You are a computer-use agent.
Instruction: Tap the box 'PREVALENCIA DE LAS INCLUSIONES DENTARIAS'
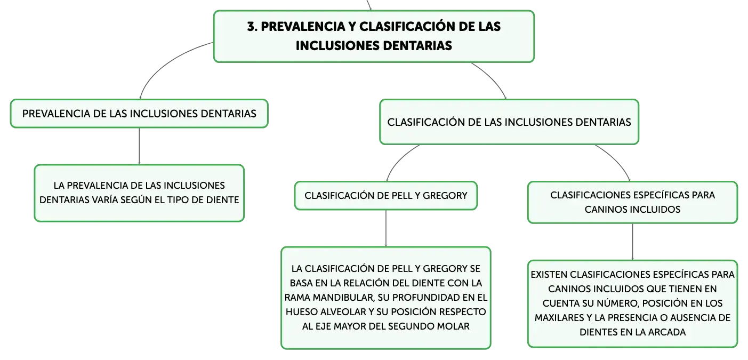coord(139,114)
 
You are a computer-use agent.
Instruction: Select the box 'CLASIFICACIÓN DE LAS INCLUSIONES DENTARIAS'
coord(509,122)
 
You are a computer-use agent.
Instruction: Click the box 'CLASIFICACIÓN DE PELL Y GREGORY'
coord(385,196)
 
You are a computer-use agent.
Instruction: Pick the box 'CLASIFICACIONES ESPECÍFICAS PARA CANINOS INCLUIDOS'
coord(632,202)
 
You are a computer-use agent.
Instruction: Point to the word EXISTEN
coord(549,275)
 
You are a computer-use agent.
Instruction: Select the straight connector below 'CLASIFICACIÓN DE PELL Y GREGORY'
coord(386,228)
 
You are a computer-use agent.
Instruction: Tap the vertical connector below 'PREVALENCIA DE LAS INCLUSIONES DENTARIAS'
coord(139,146)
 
